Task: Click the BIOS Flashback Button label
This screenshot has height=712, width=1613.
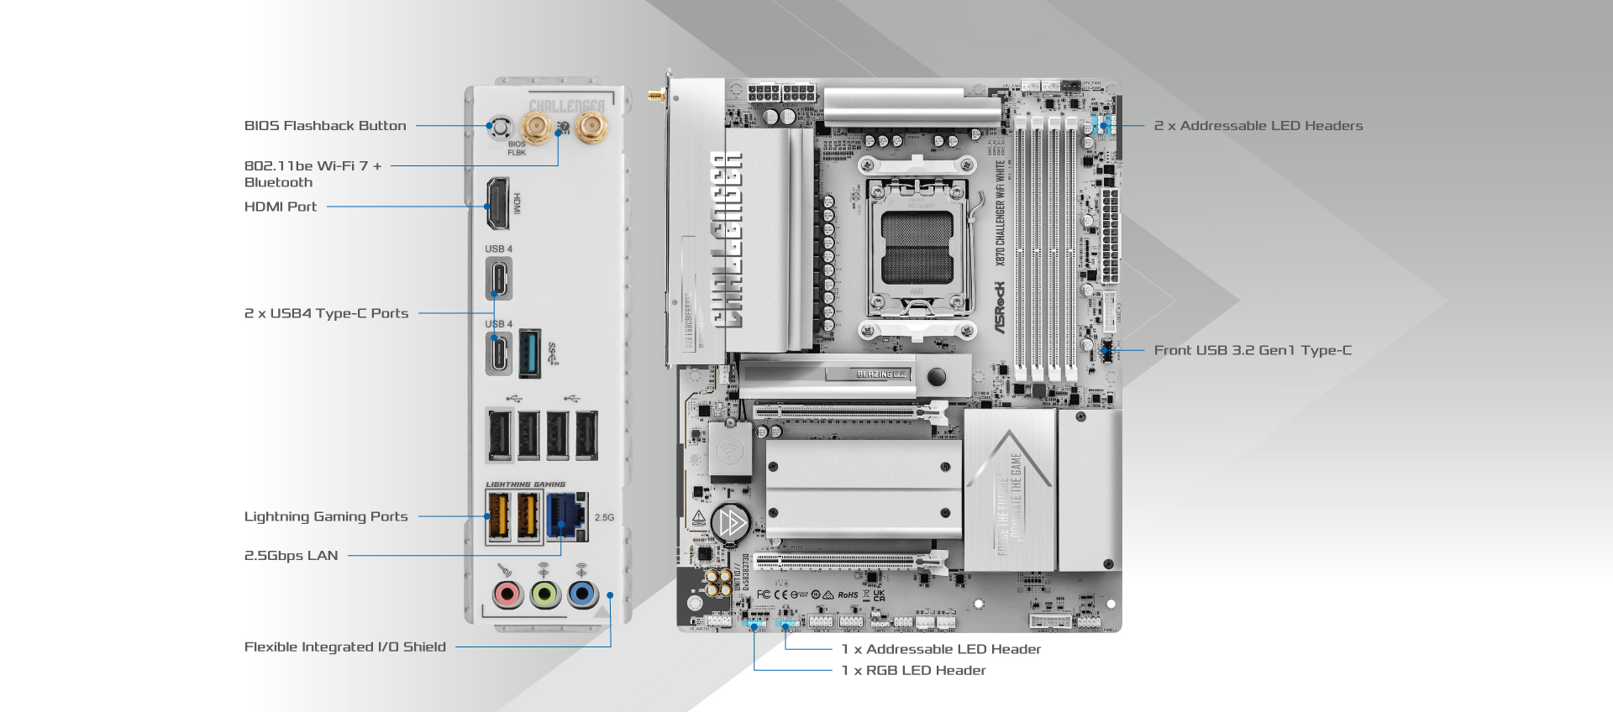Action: [x=325, y=126]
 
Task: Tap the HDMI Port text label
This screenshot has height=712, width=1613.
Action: [x=281, y=207]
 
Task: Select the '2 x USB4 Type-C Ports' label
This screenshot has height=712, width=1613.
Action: [x=326, y=313]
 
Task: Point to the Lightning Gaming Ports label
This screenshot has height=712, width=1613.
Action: [x=326, y=516]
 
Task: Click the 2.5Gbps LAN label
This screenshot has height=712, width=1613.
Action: [x=291, y=556]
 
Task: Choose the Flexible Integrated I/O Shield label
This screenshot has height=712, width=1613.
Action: [x=344, y=647]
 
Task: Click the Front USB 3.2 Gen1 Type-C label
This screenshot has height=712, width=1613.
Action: [x=1253, y=350]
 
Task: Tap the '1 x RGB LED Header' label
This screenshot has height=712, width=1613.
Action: [x=913, y=670]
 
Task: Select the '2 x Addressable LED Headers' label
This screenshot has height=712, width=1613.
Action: [x=1258, y=126]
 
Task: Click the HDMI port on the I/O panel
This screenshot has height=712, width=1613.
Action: [x=498, y=204]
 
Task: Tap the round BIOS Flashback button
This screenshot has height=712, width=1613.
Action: [x=501, y=128]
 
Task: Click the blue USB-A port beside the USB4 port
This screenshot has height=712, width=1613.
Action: [x=529, y=353]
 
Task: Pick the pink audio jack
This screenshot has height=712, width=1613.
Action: [x=507, y=594]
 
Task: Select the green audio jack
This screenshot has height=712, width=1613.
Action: [x=544, y=594]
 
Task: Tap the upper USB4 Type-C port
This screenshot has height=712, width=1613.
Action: [x=499, y=278]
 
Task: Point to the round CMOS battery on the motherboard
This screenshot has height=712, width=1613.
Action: [x=730, y=522]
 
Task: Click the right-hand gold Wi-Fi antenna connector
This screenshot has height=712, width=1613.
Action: [x=591, y=128]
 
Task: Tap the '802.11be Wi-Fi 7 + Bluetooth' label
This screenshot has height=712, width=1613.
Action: [x=313, y=174]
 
